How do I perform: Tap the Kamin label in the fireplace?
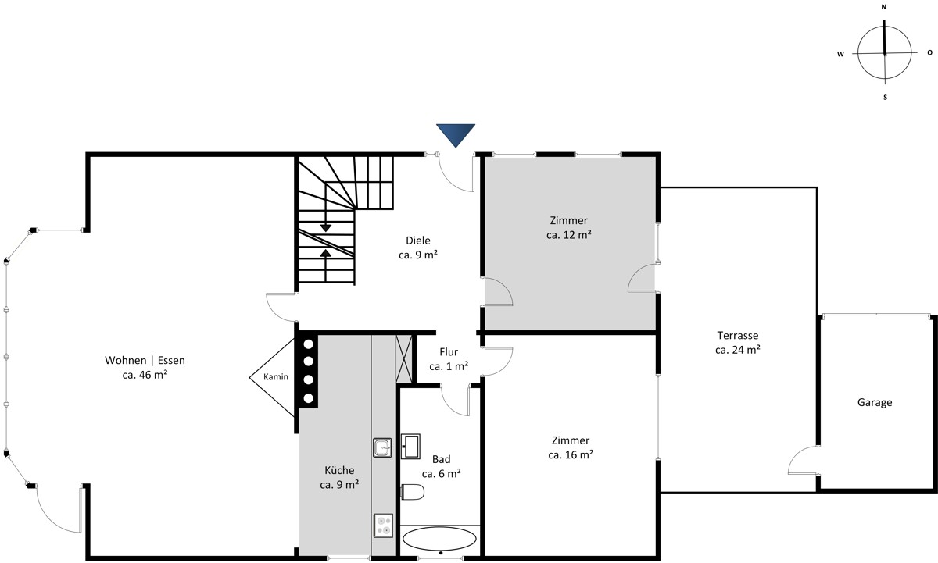point(276,377)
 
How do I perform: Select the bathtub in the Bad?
point(439,539)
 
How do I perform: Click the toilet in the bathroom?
point(413,492)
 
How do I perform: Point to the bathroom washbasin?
point(410,447)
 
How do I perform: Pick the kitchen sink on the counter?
point(382,447)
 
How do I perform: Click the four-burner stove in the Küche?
point(383,526)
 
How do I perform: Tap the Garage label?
point(875,402)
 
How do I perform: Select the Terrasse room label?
point(738,335)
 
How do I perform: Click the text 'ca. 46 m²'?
point(145,375)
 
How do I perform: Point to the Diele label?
point(418,241)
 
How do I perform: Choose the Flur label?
point(449,351)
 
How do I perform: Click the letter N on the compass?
point(884,7)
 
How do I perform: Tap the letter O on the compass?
point(929,52)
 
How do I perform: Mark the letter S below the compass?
point(885,98)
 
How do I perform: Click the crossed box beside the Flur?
point(404,358)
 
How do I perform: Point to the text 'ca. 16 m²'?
point(571,454)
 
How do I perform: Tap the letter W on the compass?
point(840,54)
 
